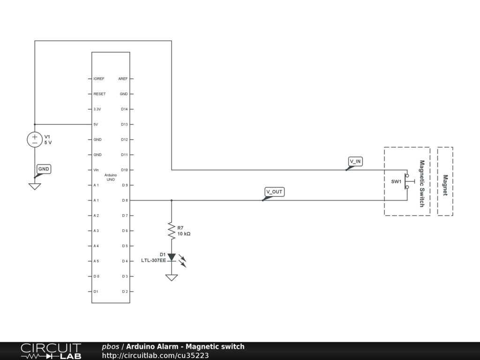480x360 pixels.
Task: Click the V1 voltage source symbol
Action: [x=35, y=139]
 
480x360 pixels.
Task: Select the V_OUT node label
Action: [x=274, y=192]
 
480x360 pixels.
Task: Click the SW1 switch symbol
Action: [x=408, y=181]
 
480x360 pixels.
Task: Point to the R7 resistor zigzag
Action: [x=172, y=231]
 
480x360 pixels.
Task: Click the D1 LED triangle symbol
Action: [x=172, y=257]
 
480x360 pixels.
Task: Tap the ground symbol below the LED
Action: [x=172, y=277]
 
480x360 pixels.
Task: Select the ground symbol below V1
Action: [x=35, y=186]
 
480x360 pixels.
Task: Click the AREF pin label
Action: [x=123, y=79]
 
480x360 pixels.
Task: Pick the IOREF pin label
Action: [x=99, y=79]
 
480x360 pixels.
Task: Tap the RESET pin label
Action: [x=99, y=94]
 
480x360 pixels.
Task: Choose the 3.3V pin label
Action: [x=97, y=109]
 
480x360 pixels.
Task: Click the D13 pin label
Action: [x=124, y=124]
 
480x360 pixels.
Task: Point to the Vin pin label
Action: [x=96, y=170]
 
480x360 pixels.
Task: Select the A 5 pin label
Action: [x=96, y=261]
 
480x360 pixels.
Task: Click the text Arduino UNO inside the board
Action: [x=111, y=177]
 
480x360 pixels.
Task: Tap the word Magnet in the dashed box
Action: [x=445, y=186]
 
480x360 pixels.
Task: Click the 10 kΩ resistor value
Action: [x=184, y=233]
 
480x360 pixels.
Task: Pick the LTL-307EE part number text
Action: [x=154, y=260]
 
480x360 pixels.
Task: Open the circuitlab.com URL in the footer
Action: [x=155, y=355]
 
